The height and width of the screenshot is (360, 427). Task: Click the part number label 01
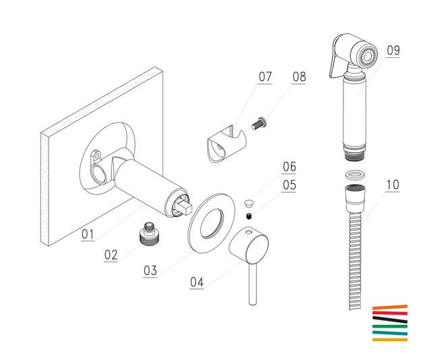point(88,234)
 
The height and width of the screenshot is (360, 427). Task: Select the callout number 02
point(111,255)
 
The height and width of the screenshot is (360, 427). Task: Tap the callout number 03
point(150,270)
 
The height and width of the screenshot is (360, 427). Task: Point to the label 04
point(196,282)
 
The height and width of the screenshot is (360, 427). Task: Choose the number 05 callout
point(289,185)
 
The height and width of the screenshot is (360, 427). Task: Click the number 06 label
point(289,167)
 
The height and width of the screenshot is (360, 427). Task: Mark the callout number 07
point(265,77)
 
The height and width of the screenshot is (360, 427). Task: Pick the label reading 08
point(299,77)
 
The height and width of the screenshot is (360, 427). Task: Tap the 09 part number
point(393,51)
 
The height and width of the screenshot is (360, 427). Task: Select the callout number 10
point(393,185)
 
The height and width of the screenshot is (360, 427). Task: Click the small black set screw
point(249,216)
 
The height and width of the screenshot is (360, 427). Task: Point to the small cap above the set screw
point(249,203)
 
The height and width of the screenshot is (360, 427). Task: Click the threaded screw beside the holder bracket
point(259,123)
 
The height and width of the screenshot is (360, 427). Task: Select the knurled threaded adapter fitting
point(148,233)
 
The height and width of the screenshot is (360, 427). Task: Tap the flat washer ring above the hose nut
point(355,175)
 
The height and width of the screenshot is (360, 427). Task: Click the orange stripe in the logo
point(390,307)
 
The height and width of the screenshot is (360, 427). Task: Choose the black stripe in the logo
point(390,320)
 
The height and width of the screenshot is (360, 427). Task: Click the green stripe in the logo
point(390,326)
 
